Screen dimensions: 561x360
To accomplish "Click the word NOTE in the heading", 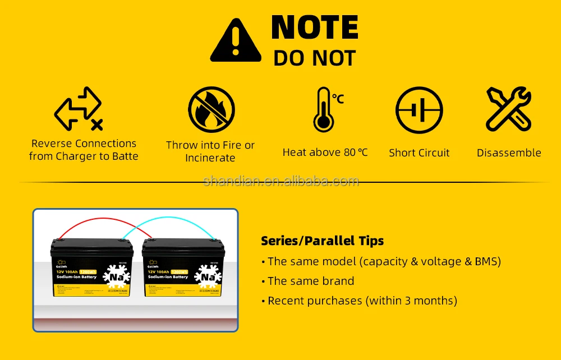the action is coord(314,27).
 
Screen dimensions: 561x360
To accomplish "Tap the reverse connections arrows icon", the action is coord(79,108).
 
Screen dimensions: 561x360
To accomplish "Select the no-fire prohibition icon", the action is coord(211,109).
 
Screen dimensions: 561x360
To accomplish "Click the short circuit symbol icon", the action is coord(419,110).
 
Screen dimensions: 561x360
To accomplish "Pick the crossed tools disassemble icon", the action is coord(508,109).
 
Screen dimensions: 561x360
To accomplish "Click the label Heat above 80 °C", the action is coord(325,153).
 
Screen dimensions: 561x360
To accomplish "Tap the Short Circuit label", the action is coord(419,153).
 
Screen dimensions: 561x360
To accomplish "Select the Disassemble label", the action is coord(509,153).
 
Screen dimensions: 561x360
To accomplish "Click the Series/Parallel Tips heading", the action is coord(322,241).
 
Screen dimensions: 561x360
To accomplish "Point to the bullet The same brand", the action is coord(311,281).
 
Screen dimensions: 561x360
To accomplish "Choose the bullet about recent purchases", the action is coord(362,301).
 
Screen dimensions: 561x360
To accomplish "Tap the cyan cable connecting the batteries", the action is coord(168,223).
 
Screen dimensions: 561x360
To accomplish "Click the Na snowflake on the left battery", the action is coord(117,276).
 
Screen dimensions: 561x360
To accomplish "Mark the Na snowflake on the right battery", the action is coord(208,276).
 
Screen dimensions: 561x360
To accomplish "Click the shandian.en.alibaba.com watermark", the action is coord(280,181).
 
